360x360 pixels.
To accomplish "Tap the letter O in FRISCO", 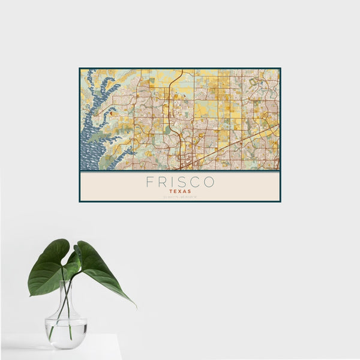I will [x=209, y=182].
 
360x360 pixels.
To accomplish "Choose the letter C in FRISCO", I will [x=195, y=182].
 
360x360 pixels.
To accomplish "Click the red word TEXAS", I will [x=180, y=191].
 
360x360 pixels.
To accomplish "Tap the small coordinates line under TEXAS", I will [x=180, y=197].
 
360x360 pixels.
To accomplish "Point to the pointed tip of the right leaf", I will [x=134, y=305].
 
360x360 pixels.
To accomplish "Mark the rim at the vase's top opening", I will [x=65, y=282].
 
